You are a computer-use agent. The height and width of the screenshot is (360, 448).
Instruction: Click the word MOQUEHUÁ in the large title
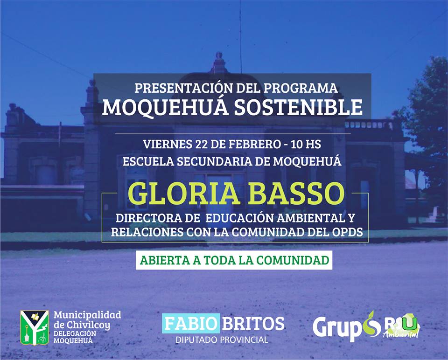[165, 107]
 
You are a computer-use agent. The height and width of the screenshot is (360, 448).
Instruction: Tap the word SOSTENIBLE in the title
[299, 107]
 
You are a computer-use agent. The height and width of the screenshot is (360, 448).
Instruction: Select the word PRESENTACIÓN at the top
[183, 88]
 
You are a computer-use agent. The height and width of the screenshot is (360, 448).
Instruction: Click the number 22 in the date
[201, 144]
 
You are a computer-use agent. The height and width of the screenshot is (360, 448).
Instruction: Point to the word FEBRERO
[254, 144]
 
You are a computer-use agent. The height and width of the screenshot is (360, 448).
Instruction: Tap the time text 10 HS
[306, 144]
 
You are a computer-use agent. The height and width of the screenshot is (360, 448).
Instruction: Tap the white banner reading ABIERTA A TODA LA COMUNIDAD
[234, 260]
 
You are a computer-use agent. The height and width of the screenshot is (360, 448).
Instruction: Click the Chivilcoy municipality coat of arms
[34, 327]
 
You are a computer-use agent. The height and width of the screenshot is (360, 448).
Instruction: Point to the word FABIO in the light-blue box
[190, 324]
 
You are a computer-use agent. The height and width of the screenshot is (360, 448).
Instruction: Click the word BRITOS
[253, 324]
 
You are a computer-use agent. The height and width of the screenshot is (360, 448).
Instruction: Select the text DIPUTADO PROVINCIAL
[222, 340]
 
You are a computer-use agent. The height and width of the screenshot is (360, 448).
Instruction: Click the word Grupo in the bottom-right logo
[345, 327]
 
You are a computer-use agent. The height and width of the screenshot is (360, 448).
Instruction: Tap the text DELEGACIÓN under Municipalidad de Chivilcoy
[75, 333]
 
